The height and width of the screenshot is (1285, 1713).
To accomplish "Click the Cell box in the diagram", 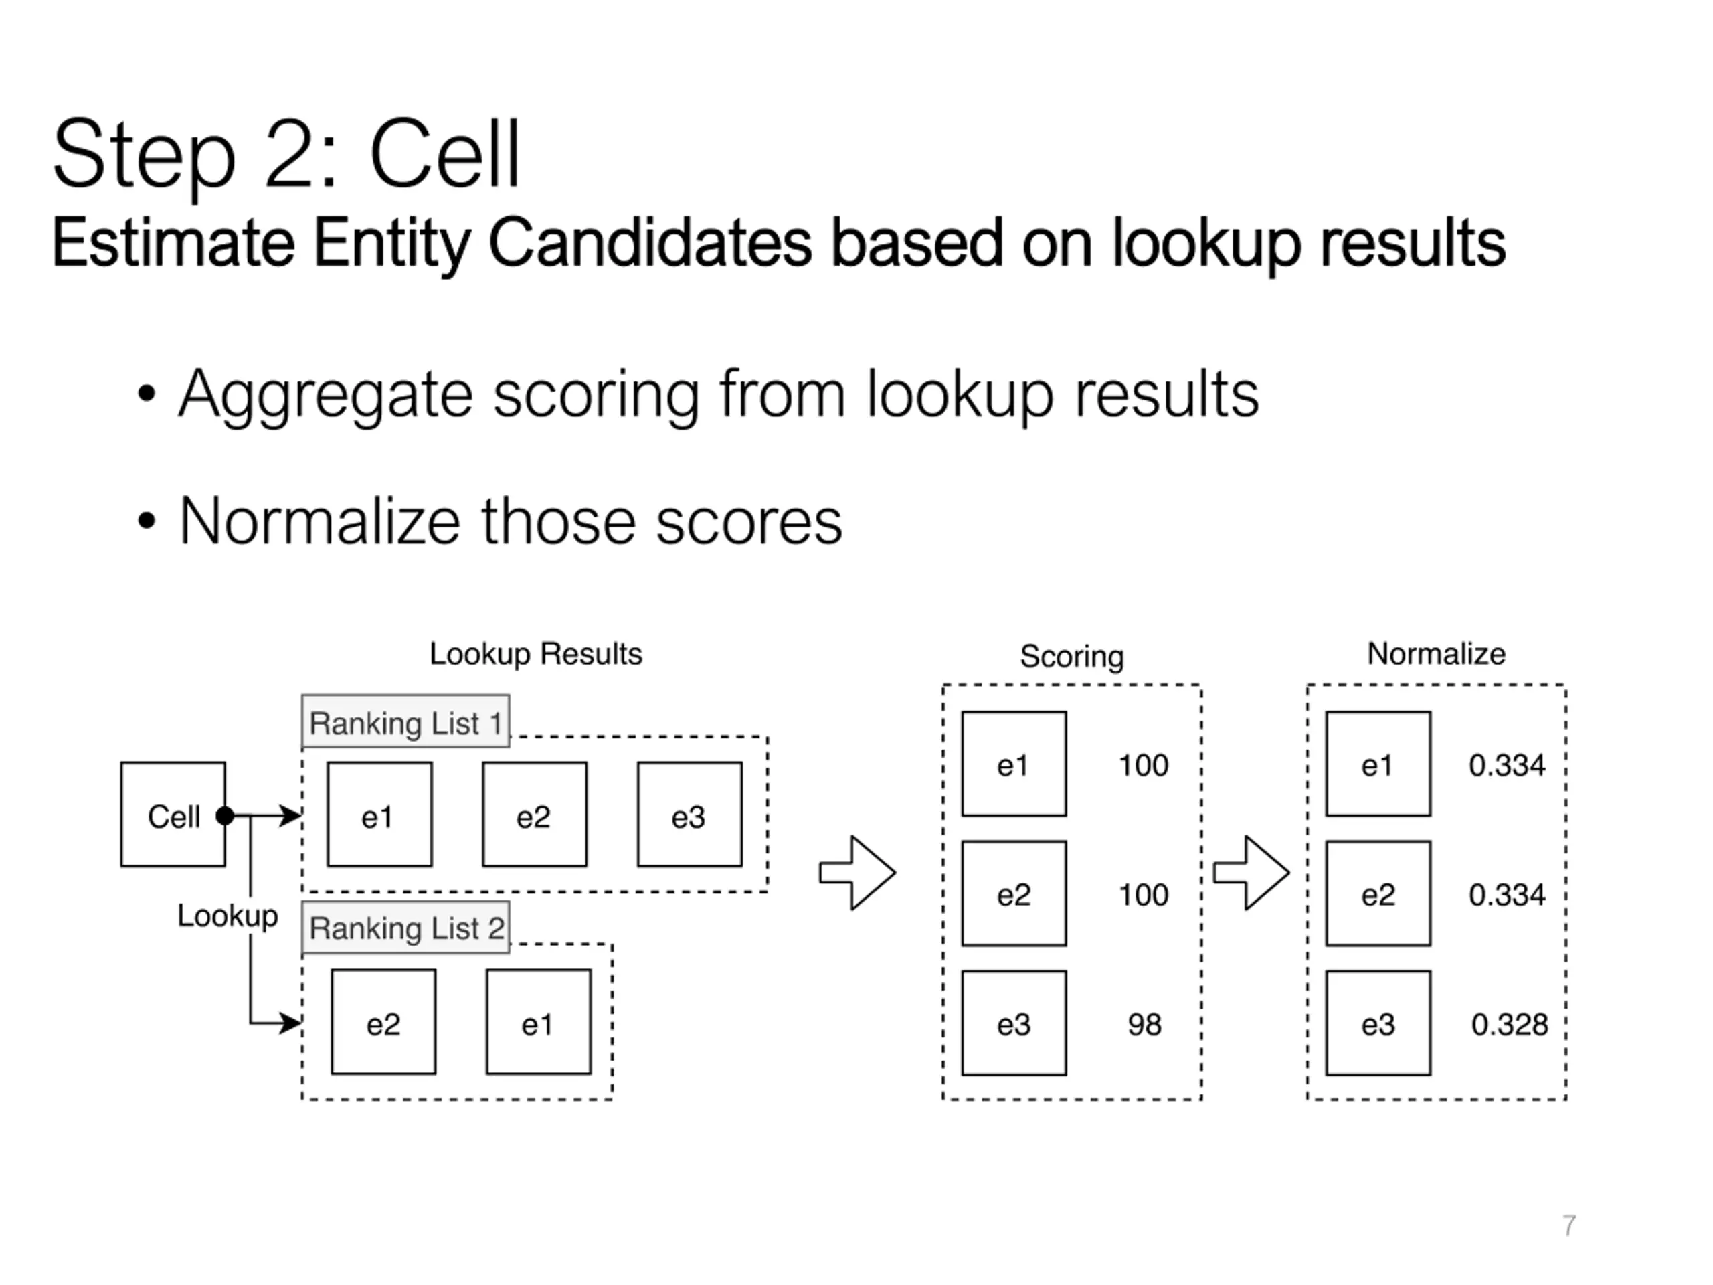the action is pyautogui.click(x=173, y=814).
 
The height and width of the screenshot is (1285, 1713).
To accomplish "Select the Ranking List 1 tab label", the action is pyautogui.click(x=405, y=721).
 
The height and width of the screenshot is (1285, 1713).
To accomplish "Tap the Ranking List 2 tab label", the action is pyautogui.click(x=405, y=927).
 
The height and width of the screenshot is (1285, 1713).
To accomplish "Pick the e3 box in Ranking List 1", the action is pyautogui.click(x=689, y=814).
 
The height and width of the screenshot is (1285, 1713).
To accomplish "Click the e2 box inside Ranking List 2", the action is pyautogui.click(x=383, y=1022).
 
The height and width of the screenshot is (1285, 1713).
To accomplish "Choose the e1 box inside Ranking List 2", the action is pyautogui.click(x=538, y=1022).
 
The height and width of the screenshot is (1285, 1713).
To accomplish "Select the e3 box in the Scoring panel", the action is pyautogui.click(x=1014, y=1023).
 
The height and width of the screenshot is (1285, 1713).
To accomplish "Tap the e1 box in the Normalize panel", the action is pyautogui.click(x=1378, y=764).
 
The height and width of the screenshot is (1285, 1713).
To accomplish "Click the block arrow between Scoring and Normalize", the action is pyautogui.click(x=1251, y=873).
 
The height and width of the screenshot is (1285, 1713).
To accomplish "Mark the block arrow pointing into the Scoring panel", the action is pyautogui.click(x=857, y=873).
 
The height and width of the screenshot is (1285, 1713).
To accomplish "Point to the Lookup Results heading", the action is pyautogui.click(x=536, y=654).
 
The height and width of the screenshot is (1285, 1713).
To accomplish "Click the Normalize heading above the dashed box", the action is pyautogui.click(x=1437, y=654).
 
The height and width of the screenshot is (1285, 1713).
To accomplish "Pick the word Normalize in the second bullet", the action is pyautogui.click(x=320, y=521).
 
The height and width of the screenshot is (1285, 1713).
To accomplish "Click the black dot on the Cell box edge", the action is pyautogui.click(x=226, y=816).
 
